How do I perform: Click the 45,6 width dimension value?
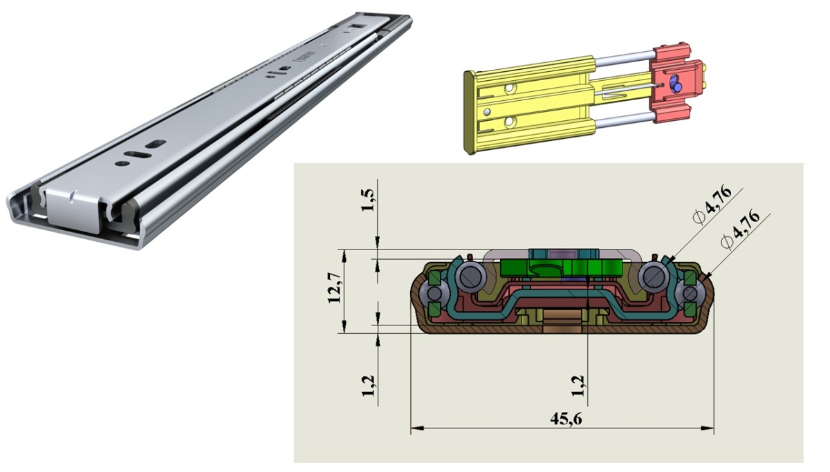click(x=566, y=419)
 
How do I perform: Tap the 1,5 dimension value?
click(x=368, y=200)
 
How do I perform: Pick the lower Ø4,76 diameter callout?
click(x=740, y=231)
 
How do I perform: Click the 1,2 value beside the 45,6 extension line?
click(x=368, y=386)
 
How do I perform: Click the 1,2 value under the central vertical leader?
click(x=578, y=386)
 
